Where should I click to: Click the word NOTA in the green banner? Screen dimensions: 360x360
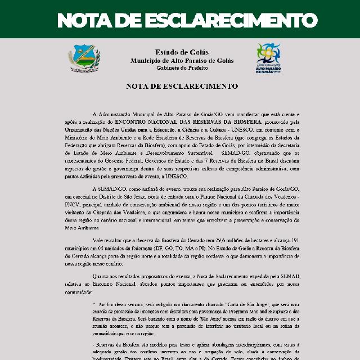pos(86,21)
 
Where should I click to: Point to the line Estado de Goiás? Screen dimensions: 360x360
pos(182,52)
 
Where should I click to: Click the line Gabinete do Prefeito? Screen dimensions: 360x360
pos(182,67)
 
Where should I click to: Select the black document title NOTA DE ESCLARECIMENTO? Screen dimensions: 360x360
pos(182,87)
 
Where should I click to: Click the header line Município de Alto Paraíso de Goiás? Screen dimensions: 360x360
pos(182,60)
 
